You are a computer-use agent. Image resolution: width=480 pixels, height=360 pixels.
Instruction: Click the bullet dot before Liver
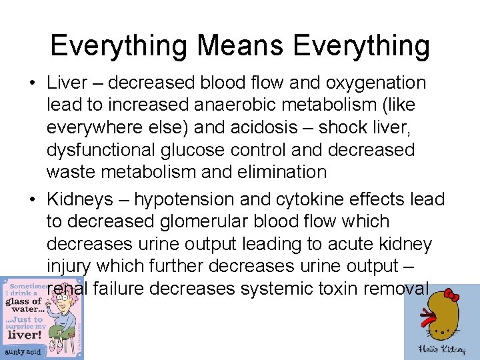tap(32, 83)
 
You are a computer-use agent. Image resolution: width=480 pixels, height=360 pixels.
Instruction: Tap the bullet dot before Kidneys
tap(32, 199)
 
